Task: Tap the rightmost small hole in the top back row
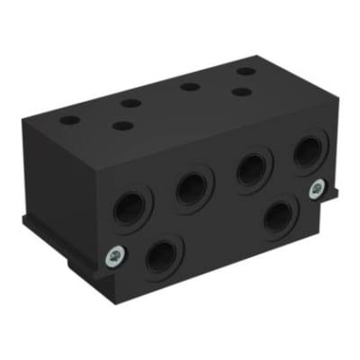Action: pos(246,71)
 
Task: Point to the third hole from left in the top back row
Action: pos(188,86)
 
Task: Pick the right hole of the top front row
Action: pos(238,91)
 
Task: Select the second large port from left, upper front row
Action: pos(191,187)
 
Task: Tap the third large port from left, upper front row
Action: pos(252,168)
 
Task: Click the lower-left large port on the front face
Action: pos(163,256)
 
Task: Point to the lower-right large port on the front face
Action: pos(281,215)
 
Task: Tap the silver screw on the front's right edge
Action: pos(316,188)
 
